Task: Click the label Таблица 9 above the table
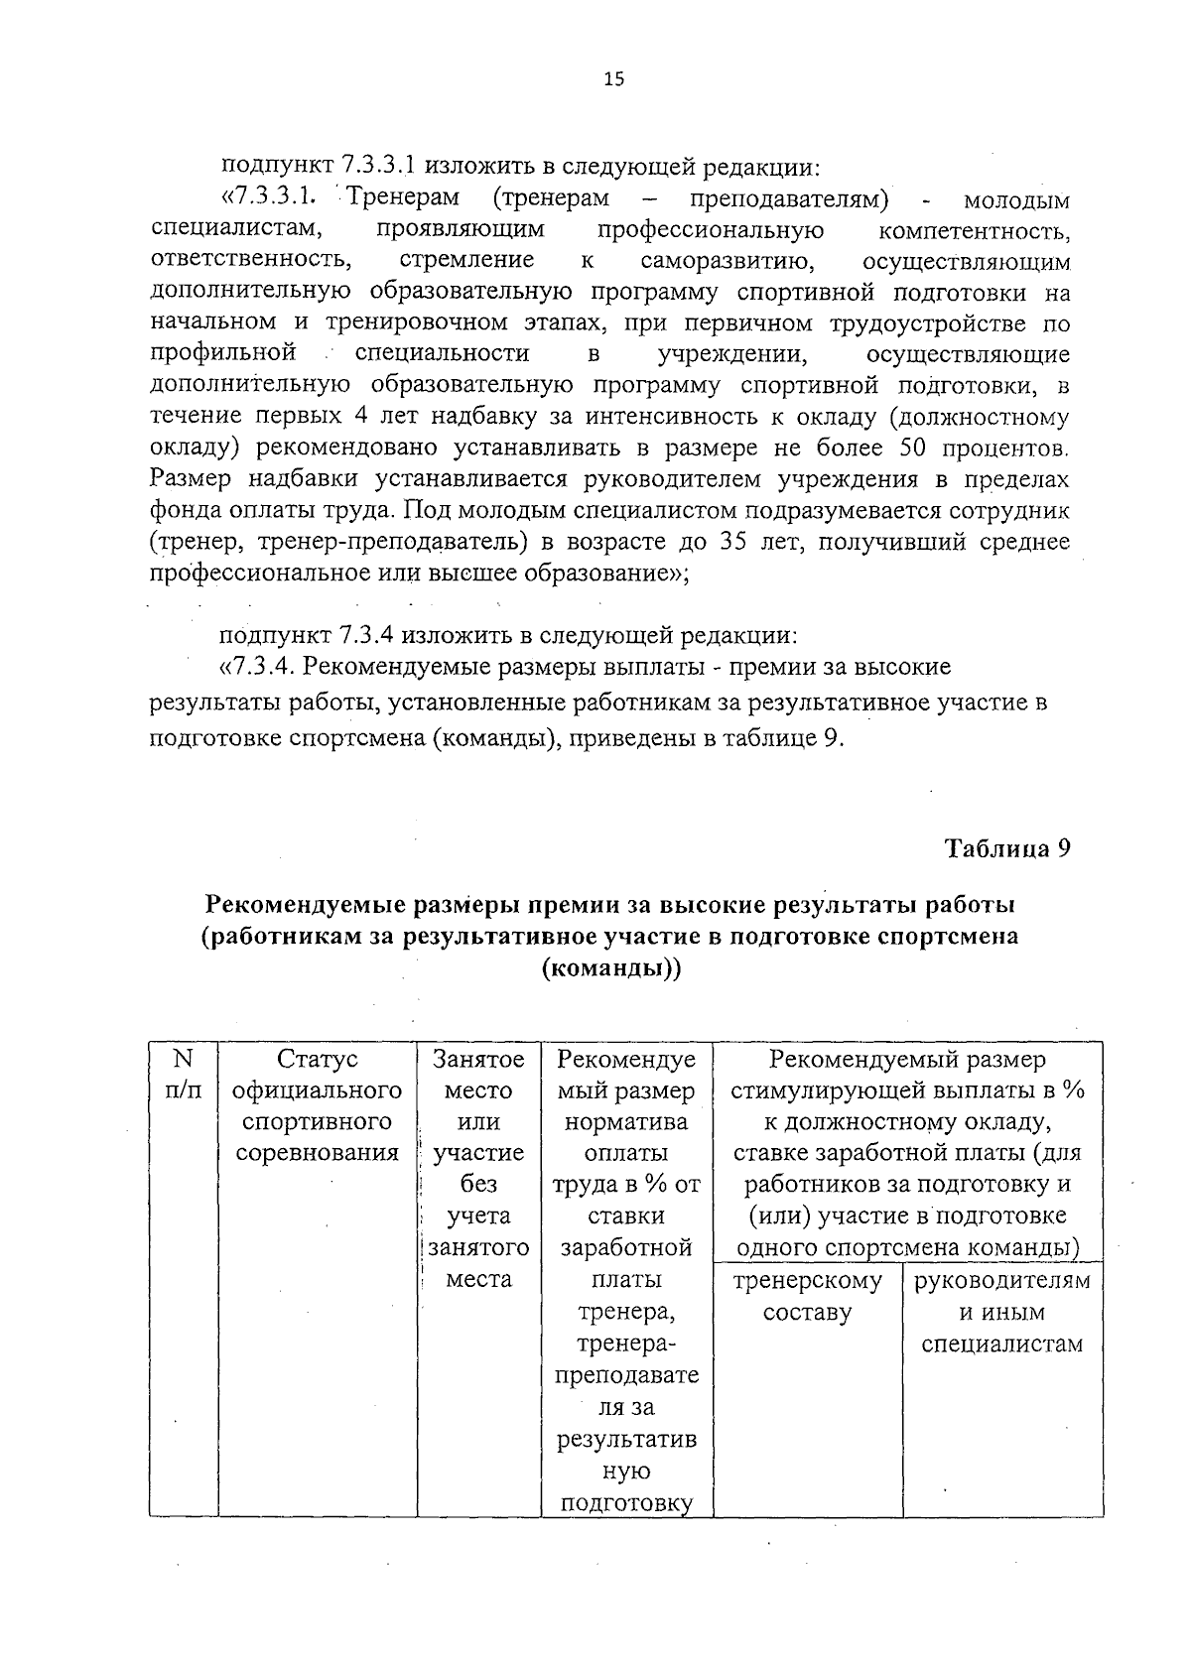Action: (1006, 849)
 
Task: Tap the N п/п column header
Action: (183, 1075)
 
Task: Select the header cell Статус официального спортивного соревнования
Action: (317, 1106)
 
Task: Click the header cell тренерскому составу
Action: (807, 1297)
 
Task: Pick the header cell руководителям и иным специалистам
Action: (1001, 1313)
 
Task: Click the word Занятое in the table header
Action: (478, 1060)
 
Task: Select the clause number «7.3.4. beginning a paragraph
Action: (261, 667)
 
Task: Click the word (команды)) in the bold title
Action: (611, 968)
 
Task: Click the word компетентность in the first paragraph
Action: (974, 230)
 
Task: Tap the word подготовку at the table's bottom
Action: (625, 1503)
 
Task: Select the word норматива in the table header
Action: (625, 1122)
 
